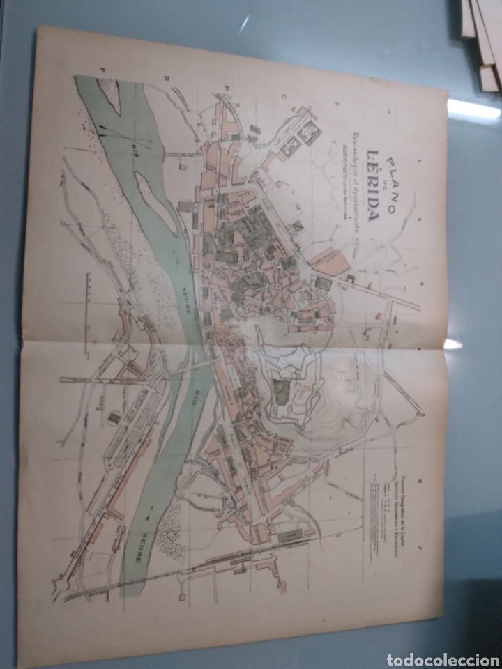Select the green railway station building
point(288,537)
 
